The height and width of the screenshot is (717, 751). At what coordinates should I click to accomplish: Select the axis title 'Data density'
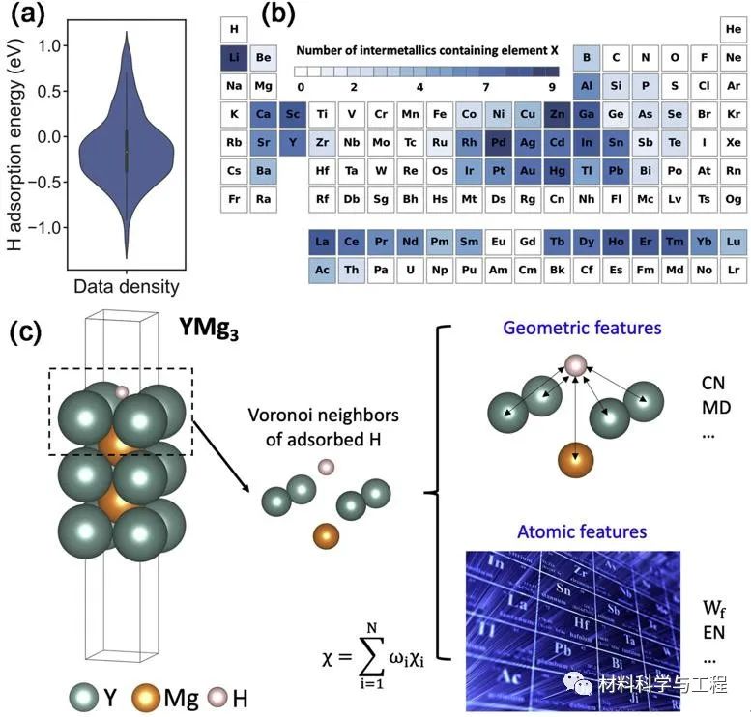pos(126,286)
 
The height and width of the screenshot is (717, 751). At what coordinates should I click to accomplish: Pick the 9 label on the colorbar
pos(551,86)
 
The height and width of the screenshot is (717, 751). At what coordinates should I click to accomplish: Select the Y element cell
pos(292,142)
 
